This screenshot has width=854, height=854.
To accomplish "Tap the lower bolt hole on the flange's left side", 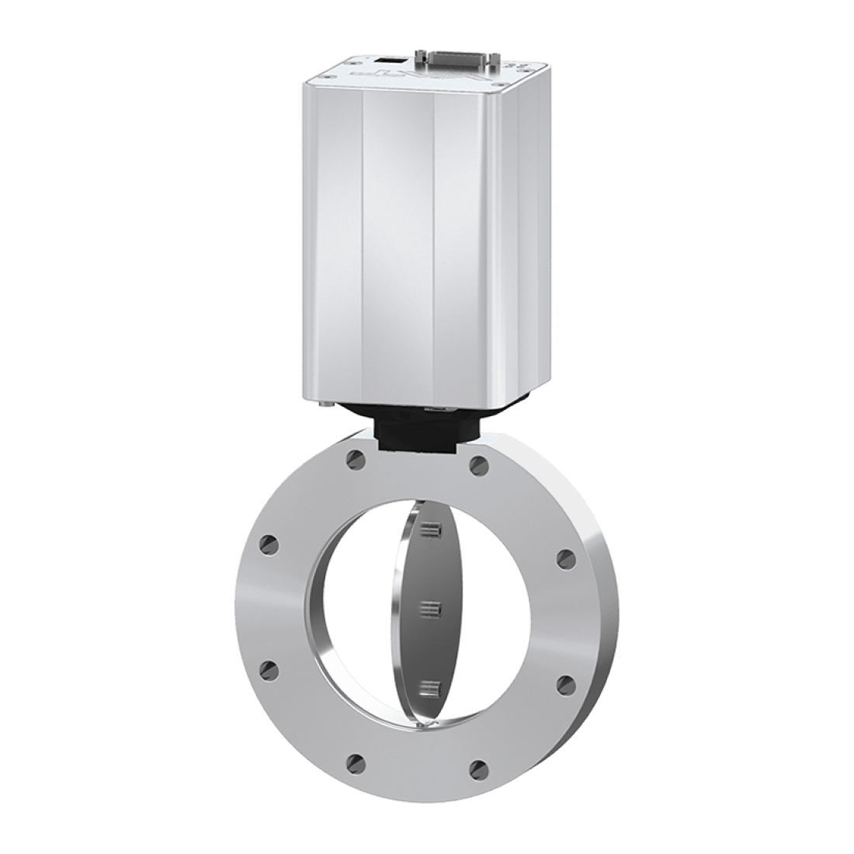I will click(270, 668).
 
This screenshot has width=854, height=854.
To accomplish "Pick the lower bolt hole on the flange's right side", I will click(566, 683).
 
